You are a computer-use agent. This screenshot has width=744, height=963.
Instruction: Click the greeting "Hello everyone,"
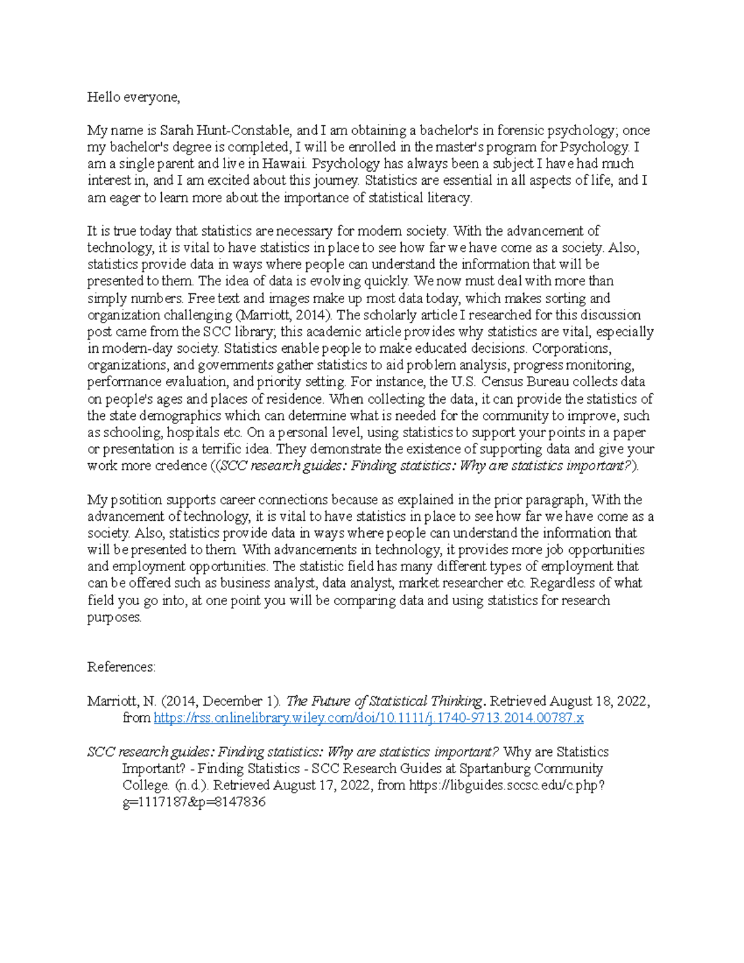point(133,97)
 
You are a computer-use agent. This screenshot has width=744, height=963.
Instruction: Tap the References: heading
point(122,667)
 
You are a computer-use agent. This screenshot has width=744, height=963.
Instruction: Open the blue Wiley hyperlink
point(368,718)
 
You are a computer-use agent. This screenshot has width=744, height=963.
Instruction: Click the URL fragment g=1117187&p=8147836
point(194,802)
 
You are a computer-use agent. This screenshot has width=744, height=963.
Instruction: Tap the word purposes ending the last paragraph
point(114,618)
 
